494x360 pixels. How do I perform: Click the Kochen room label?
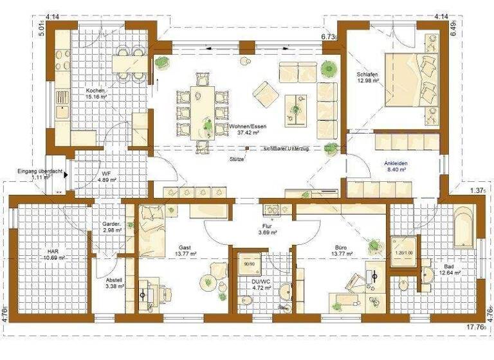95,91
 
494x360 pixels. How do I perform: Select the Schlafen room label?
367,75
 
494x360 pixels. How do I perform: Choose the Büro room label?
334,246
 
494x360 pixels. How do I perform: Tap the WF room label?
107,174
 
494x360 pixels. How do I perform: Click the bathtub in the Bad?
464,227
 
